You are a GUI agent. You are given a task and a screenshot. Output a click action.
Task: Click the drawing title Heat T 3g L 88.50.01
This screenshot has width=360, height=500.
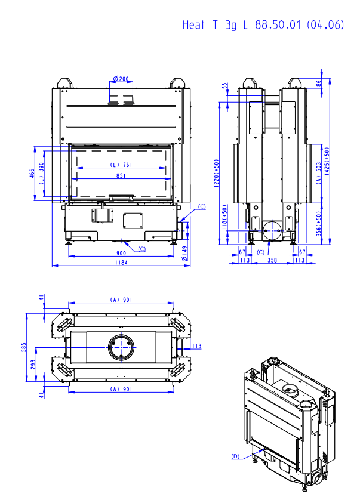(x=242, y=24)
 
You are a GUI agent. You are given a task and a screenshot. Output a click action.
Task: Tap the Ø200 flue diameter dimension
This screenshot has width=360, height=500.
(x=121, y=78)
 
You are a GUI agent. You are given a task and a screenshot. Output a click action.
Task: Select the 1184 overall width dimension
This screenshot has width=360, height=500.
(x=121, y=263)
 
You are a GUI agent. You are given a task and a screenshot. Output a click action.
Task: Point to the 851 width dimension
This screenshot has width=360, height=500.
(x=121, y=175)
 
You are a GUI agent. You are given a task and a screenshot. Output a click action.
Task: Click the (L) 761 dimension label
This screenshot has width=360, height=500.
(x=121, y=165)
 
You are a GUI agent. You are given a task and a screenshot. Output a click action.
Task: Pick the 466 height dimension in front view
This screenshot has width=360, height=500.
(x=32, y=174)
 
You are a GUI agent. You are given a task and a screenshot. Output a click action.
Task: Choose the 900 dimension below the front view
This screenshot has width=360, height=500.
(x=121, y=253)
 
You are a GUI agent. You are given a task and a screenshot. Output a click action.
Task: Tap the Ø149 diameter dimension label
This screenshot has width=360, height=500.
(x=184, y=254)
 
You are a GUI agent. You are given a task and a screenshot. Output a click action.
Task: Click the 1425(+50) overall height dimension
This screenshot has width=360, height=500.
(x=327, y=161)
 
